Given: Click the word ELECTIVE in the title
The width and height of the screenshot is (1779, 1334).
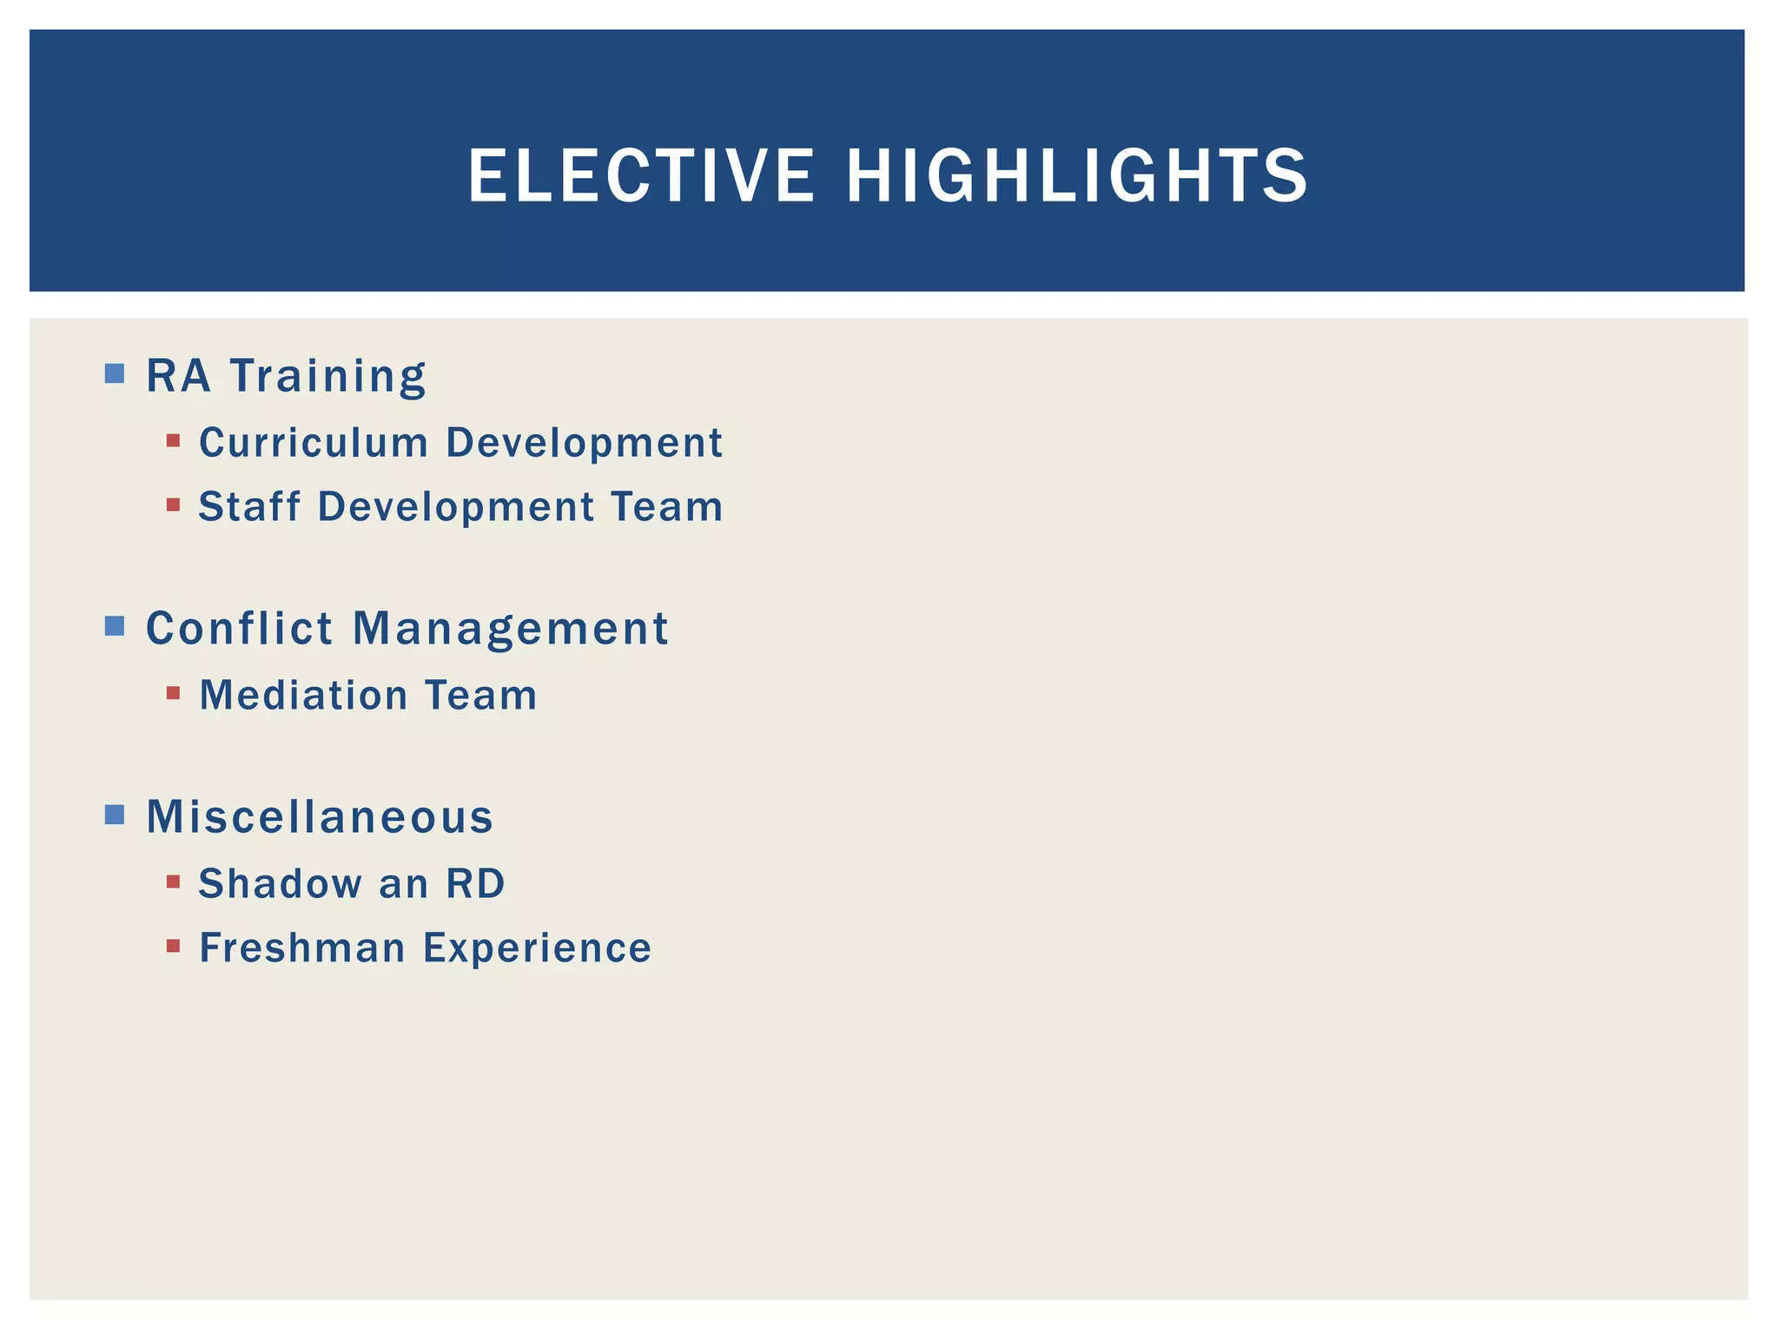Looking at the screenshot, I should pyautogui.click(x=641, y=176).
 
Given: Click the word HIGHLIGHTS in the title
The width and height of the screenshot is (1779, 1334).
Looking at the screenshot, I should pyautogui.click(x=1076, y=176).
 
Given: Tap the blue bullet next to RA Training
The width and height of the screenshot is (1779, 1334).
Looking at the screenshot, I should pyautogui.click(x=114, y=373).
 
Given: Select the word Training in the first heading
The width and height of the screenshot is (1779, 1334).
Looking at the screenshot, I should pyautogui.click(x=328, y=377).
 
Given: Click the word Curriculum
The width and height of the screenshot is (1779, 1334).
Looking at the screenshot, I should pyautogui.click(x=314, y=443).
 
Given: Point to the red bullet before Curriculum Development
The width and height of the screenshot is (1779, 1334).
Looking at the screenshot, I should pyautogui.click(x=173, y=441).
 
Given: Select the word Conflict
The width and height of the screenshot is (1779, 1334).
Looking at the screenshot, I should pyautogui.click(x=239, y=628).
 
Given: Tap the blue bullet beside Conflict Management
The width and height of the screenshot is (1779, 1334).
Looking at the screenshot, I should pyautogui.click(x=114, y=625).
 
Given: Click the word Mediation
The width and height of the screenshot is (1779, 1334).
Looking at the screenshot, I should pyautogui.click(x=303, y=696).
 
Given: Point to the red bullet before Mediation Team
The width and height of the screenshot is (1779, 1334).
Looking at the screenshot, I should pyautogui.click(x=173, y=693).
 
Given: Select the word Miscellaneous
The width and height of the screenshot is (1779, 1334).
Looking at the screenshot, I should pyautogui.click(x=320, y=817).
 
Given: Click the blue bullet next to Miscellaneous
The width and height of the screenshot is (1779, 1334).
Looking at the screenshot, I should pyautogui.click(x=114, y=815).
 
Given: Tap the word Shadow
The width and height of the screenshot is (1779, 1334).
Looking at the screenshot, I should pyautogui.click(x=280, y=884).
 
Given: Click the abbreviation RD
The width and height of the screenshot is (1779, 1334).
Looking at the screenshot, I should pyautogui.click(x=475, y=884).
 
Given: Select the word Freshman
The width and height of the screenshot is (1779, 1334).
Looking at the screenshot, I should pyautogui.click(x=301, y=948).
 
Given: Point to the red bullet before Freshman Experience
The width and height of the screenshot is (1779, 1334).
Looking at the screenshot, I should pyautogui.click(x=173, y=946).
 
